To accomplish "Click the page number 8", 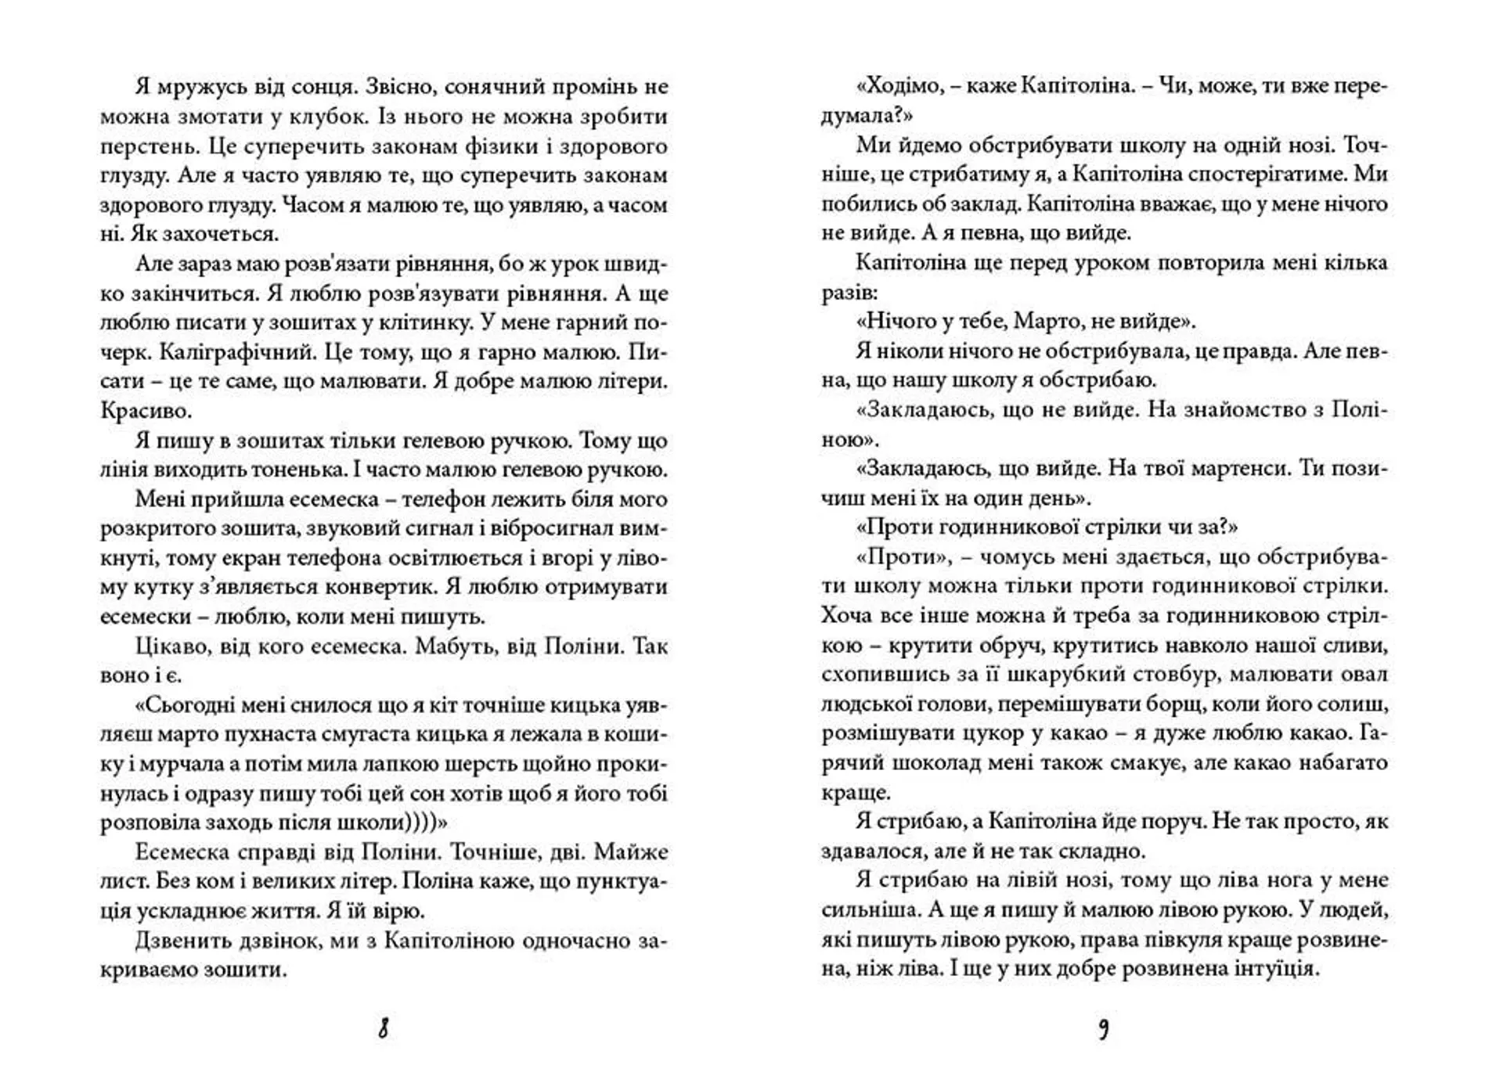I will pos(383,1028).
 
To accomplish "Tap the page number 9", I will pos(1104,1028).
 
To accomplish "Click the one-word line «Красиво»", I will pos(145,410).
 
